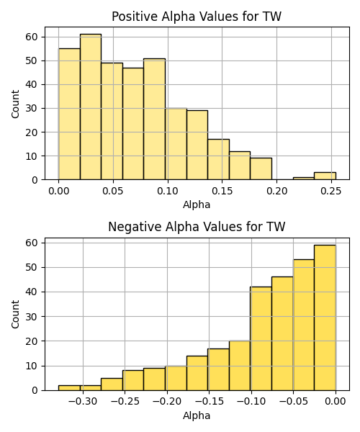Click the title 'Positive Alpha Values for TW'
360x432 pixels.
[197, 17]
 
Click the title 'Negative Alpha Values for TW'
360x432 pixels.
[197, 227]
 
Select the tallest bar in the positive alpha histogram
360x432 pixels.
[91, 107]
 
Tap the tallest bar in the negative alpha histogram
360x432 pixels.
[325, 318]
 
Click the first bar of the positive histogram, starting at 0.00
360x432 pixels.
[69, 114]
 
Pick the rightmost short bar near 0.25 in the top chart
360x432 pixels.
[325, 176]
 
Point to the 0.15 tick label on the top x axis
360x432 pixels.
[222, 191]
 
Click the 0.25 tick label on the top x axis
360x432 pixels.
[331, 191]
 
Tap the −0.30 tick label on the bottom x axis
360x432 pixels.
[83, 402]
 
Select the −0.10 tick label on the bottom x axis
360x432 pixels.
[251, 402]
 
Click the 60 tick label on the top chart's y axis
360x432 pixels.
[32, 37]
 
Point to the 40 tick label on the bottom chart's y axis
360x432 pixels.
[32, 292]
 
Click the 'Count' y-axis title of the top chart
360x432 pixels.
[15, 104]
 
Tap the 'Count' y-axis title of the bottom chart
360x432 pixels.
[15, 315]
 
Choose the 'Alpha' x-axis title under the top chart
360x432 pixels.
[197, 204]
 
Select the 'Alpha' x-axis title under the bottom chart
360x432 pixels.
[197, 415]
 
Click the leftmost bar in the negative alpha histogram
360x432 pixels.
[69, 388]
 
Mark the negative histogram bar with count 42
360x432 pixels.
[261, 338]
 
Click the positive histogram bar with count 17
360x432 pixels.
[218, 160]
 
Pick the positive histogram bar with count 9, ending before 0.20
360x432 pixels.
[261, 169]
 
